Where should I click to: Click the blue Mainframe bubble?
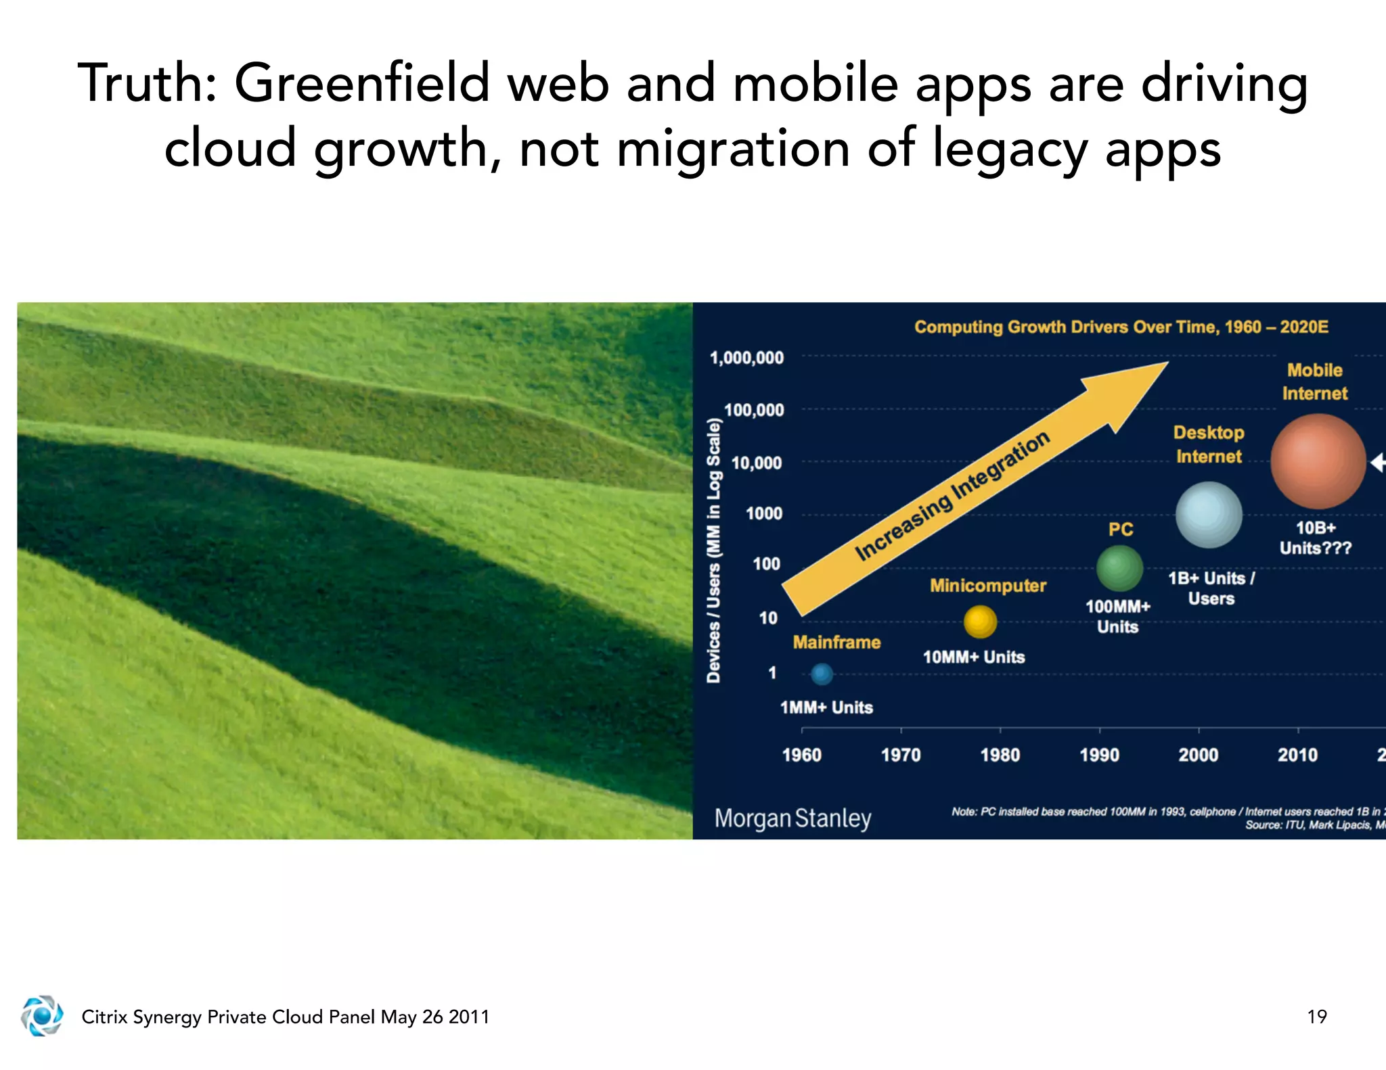click(x=822, y=674)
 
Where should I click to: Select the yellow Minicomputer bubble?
click(x=980, y=622)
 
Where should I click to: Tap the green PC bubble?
click(x=1119, y=568)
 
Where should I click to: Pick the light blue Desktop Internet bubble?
click(x=1209, y=515)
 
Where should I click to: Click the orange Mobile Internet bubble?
click(x=1318, y=461)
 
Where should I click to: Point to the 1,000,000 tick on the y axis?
click(x=746, y=357)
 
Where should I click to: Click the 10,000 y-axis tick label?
click(x=757, y=463)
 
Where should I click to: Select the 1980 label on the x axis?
click(x=1000, y=755)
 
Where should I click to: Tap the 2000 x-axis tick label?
click(x=1198, y=755)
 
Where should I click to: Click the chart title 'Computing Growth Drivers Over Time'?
click(x=1121, y=327)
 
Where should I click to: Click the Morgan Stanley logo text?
click(x=792, y=818)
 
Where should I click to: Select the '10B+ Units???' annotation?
click(x=1315, y=538)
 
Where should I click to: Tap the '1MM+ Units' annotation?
click(x=826, y=707)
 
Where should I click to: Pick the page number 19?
click(x=1316, y=1017)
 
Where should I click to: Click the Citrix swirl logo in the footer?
click(x=42, y=1015)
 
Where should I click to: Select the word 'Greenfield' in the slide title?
click(x=361, y=83)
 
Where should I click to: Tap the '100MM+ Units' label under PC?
click(x=1117, y=616)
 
